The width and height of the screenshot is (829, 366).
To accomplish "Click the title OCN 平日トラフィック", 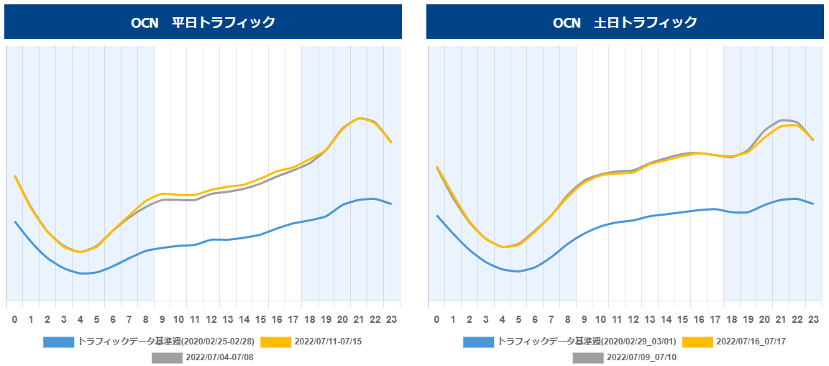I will tap(203, 22).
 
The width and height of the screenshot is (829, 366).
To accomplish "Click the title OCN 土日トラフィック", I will tap(625, 22).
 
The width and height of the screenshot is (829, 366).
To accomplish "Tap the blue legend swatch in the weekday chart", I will tap(58, 342).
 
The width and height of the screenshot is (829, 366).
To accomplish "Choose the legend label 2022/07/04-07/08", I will tap(219, 357).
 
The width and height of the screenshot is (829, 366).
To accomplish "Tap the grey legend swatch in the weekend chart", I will tap(587, 357).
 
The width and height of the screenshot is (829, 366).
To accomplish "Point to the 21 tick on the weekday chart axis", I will tap(359, 319).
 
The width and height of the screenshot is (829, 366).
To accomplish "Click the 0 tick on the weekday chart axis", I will tap(14, 319).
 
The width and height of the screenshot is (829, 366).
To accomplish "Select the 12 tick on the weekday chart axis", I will tap(211, 319).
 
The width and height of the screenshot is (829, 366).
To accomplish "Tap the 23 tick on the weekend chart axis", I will tap(813, 319).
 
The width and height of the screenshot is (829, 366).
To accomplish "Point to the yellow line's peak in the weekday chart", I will tap(360, 118).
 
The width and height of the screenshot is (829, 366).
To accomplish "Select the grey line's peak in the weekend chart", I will tap(782, 119).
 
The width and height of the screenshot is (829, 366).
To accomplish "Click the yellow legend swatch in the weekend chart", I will tap(697, 342).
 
